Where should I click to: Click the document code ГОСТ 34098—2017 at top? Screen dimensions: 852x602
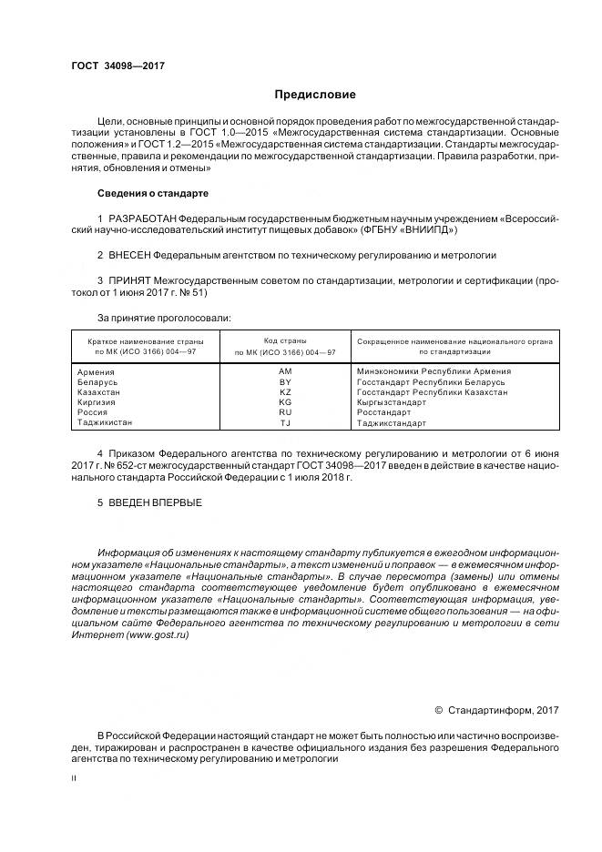click(112, 66)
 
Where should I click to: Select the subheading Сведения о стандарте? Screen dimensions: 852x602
click(152, 194)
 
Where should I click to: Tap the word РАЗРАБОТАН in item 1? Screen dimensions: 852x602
click(142, 220)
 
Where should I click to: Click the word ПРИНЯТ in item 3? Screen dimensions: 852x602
click(131, 282)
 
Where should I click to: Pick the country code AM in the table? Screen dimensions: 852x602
click(285, 371)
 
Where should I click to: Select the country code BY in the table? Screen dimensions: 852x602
click(285, 382)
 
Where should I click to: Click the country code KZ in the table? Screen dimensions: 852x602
click(285, 391)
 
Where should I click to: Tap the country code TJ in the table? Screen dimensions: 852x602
click(285, 423)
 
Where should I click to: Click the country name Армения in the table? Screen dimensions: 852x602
click(97, 371)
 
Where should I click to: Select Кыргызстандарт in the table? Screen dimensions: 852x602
click(392, 402)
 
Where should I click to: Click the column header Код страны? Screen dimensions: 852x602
click(285, 340)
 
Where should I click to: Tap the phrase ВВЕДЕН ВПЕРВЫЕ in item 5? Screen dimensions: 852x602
click(156, 502)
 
